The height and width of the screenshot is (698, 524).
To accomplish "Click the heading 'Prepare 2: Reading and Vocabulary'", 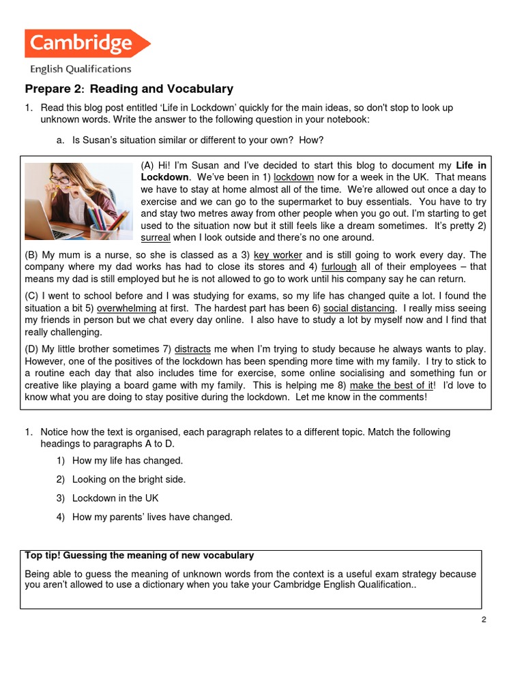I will (x=129, y=89).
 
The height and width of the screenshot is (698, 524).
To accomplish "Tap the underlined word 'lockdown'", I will (x=293, y=177).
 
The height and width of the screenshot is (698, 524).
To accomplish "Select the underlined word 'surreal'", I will (x=155, y=238).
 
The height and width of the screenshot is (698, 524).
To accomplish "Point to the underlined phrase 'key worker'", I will (x=278, y=255).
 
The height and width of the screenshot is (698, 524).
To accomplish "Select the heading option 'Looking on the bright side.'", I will (x=128, y=479).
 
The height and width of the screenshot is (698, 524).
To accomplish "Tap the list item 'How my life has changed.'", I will (x=127, y=461).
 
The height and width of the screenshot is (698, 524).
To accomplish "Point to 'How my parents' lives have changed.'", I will (x=152, y=517).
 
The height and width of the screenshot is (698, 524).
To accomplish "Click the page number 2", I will (x=483, y=620).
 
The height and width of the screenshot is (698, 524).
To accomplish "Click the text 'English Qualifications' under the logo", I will (x=80, y=69).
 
